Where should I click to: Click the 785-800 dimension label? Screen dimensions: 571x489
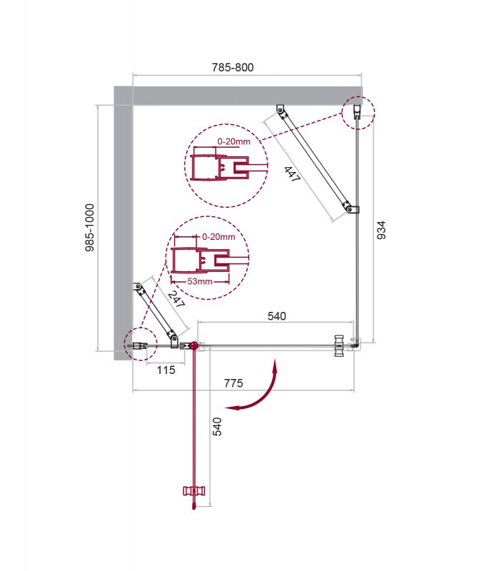233,68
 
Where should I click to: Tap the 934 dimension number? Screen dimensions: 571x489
381,231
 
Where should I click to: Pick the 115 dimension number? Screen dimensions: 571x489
165,370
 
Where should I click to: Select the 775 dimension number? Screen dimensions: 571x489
233,383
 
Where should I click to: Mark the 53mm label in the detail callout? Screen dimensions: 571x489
201,281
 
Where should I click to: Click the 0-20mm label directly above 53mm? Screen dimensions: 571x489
218,236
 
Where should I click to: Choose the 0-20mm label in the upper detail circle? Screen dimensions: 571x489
233,141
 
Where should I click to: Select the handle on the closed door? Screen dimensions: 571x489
338,345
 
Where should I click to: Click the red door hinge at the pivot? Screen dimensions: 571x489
191,345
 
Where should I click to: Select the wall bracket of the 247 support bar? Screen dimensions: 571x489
137,288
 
